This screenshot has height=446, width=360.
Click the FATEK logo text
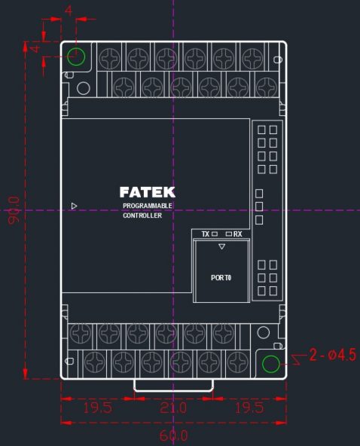pos(148,192)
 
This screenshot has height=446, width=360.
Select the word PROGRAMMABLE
pos(148,206)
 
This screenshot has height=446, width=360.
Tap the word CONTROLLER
pos(142,215)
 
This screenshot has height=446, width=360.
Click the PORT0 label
pos(221,277)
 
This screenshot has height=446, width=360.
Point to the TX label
pos(206,234)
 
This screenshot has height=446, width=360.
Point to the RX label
pos(238,234)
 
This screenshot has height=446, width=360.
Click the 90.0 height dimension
pos(14,210)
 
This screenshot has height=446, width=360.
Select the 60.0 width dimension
pos(173,435)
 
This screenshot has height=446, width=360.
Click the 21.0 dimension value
pos(173,408)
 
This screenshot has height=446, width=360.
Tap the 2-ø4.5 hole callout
pos(332,355)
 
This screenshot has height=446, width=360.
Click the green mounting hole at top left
pos(76,57)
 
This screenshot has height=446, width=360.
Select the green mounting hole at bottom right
pos(270,364)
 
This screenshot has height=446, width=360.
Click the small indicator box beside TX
pos(215,234)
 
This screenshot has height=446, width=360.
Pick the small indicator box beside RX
pos(229,234)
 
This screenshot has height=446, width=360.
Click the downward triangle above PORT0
pos(222,246)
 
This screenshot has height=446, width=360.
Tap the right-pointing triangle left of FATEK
pos(74,206)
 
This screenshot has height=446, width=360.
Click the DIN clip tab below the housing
pos(173,390)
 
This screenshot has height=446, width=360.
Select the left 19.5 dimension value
pos(98,408)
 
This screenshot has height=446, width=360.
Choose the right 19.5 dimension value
pos(249,408)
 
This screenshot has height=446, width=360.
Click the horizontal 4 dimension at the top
pos(69,11)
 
